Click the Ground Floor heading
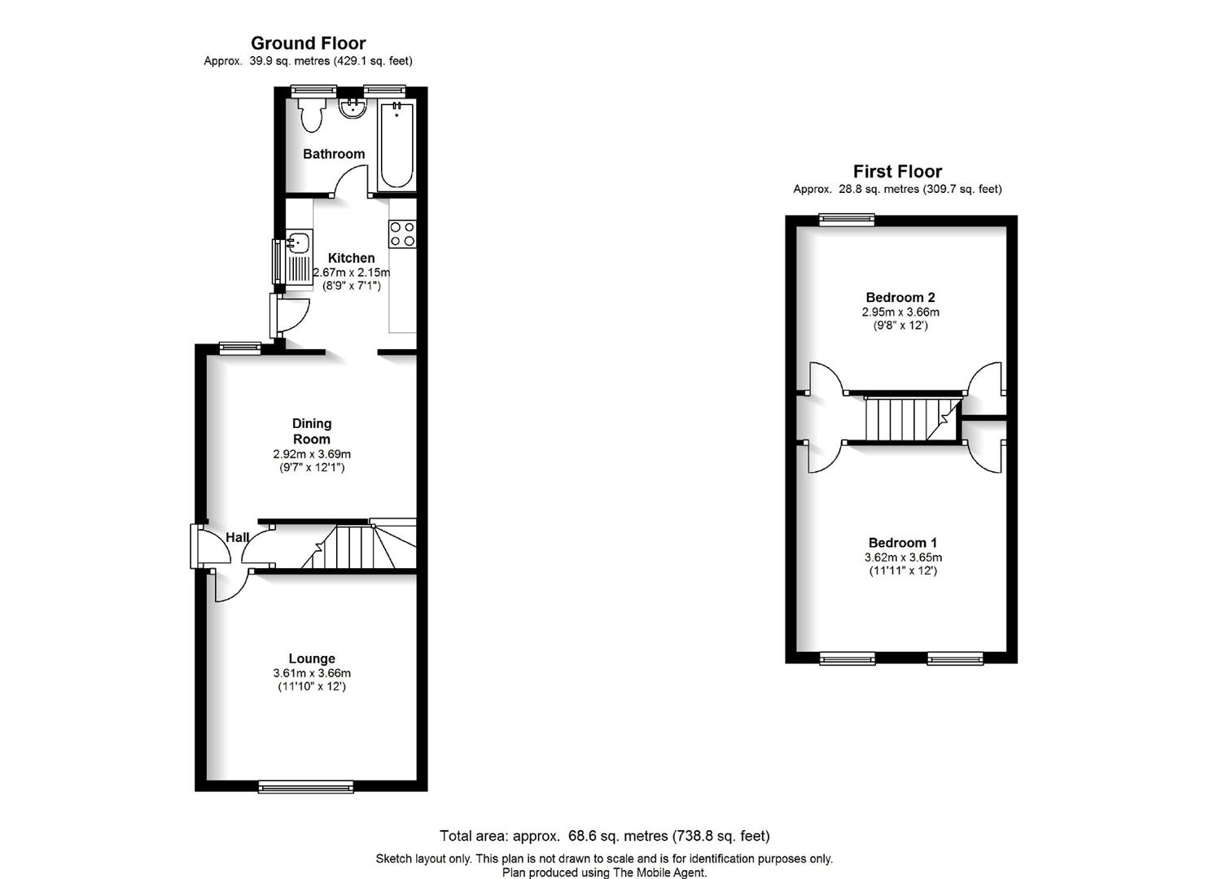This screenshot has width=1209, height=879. (309, 43)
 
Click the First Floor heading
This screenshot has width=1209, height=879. (897, 172)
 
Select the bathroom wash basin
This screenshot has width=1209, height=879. (353, 108)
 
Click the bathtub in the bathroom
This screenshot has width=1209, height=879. (396, 145)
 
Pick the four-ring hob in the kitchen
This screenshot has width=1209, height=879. (403, 234)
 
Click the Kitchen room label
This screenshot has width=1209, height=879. (352, 258)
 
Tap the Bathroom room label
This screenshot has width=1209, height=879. (334, 154)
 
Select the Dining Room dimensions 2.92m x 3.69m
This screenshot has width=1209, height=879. (312, 454)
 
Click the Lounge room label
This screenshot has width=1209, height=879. (312, 658)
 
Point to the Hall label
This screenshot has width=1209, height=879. (238, 537)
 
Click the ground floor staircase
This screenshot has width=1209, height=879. (359, 546)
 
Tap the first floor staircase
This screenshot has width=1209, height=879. (913, 419)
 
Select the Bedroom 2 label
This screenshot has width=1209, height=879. (900, 297)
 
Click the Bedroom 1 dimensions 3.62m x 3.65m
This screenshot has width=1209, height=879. (903, 558)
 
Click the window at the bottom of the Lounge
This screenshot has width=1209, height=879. (306, 787)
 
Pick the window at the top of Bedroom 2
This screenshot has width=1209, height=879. (847, 219)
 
